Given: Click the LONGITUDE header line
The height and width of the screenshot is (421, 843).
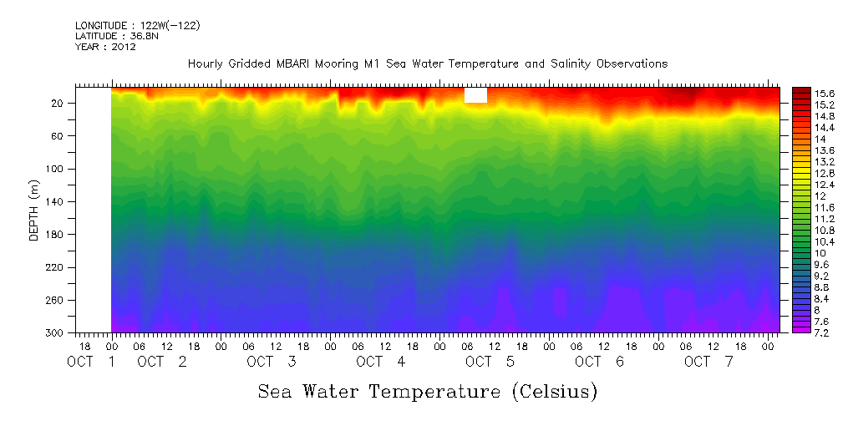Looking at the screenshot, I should [137, 26].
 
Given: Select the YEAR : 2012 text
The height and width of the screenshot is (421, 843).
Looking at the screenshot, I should [105, 47].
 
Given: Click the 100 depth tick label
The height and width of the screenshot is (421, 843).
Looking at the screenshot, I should [57, 169].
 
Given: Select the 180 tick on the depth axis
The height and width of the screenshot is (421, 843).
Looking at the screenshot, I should [57, 235].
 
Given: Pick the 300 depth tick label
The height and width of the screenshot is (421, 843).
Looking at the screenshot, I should [57, 333].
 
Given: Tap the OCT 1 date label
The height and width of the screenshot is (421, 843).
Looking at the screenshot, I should [92, 362].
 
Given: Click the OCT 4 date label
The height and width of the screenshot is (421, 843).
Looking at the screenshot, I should [381, 362].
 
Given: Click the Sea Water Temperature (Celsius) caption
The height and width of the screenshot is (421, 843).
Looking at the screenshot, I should [428, 391].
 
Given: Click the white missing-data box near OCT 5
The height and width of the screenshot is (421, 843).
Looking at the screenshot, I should [475, 95].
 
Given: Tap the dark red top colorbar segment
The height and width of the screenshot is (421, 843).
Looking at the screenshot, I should [800, 89].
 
